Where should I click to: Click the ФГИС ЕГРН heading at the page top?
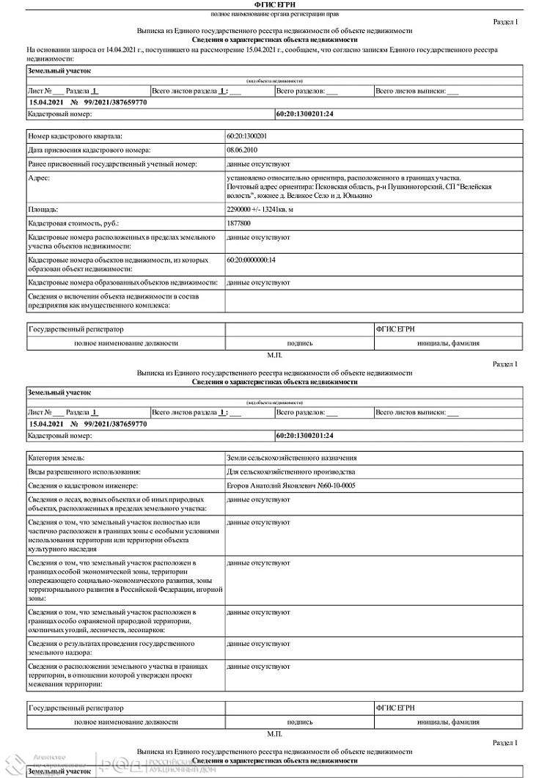(275, 5)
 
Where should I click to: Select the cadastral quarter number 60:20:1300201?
(247, 136)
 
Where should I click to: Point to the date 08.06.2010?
(241, 150)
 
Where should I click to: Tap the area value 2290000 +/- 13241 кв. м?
(260, 210)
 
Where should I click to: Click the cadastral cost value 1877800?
(239, 224)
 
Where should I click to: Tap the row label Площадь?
(43, 210)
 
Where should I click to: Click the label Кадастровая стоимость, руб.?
(73, 224)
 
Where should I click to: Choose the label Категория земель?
(56, 458)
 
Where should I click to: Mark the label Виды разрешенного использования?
(84, 471)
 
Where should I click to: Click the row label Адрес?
(39, 178)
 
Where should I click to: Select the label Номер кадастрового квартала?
(76, 136)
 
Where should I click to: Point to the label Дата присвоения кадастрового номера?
(89, 150)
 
